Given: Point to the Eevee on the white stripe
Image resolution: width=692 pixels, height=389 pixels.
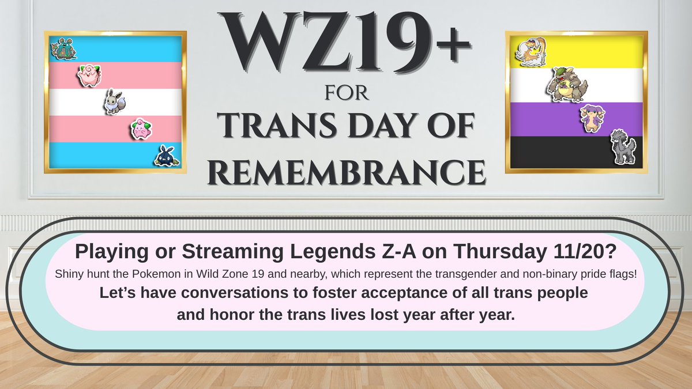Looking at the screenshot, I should click(112, 101).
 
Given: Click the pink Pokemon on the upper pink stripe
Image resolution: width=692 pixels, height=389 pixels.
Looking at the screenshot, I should click(89, 75).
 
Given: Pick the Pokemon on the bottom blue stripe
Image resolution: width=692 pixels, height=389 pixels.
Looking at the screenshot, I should click(166, 156).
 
